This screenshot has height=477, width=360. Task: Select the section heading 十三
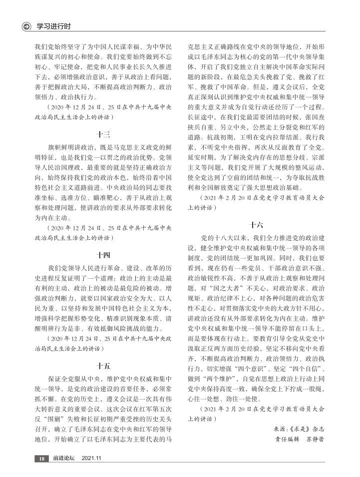click(x=103, y=133)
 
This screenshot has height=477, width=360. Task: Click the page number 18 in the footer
click(x=42, y=459)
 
